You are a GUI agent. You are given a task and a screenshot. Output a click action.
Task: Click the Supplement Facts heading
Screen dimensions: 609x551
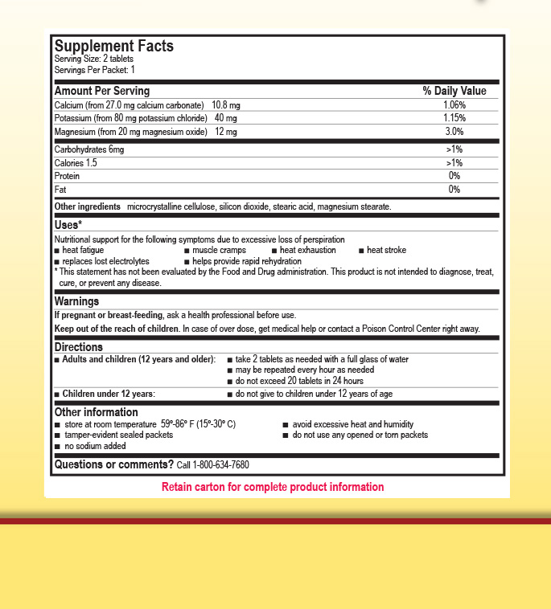point(113,46)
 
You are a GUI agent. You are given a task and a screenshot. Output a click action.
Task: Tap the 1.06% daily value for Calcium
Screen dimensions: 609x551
point(454,104)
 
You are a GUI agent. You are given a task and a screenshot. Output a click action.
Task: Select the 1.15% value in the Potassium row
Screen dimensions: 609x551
point(454,118)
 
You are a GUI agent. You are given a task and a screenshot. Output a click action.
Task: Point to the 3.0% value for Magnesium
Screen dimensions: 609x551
point(454,131)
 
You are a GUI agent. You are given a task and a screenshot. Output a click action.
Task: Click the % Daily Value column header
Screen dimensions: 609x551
point(454,91)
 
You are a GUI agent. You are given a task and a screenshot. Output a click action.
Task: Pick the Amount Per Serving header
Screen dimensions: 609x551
point(101,91)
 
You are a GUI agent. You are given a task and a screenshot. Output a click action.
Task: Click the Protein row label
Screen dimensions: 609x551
point(67,176)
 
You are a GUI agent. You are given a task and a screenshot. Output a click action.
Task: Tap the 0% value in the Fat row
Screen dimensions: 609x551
point(454,190)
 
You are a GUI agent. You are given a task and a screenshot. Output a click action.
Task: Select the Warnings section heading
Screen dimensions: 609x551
point(76,301)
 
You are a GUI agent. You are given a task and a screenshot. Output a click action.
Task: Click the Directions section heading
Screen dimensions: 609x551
point(78,347)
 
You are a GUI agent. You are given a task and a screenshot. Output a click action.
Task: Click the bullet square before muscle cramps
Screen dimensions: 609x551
point(187,251)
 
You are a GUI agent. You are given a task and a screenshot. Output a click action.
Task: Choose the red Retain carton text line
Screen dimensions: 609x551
point(273,487)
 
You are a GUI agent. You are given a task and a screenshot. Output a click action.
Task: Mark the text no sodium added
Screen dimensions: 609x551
point(95,446)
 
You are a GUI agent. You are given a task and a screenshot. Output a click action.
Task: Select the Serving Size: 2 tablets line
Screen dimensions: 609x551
point(93,59)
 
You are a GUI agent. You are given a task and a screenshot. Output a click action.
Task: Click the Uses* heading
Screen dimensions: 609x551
point(68,224)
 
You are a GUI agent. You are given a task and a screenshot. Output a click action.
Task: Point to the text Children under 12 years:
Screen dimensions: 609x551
point(109,394)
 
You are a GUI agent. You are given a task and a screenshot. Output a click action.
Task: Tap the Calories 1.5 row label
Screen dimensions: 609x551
point(76,163)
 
